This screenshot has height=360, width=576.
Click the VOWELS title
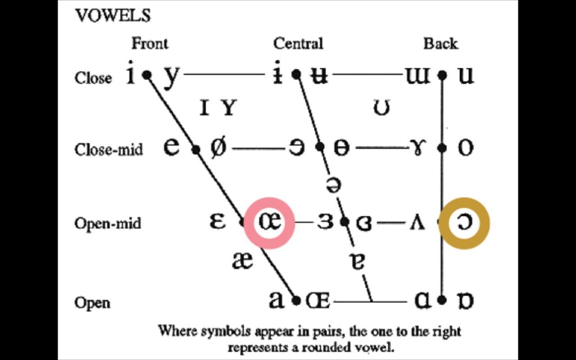112,15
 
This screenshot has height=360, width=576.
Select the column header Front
149,44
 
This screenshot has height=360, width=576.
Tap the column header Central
298,44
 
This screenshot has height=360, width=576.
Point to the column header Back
440,44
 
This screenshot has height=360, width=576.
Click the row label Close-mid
108,149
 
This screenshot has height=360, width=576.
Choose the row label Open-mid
107,223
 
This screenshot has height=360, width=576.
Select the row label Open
92,302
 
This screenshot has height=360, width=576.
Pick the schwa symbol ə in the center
333,185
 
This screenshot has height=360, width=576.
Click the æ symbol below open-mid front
242,260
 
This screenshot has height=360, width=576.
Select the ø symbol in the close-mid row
217,148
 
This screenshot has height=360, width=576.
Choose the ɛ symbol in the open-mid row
217,221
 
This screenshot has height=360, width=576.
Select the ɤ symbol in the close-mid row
416,148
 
